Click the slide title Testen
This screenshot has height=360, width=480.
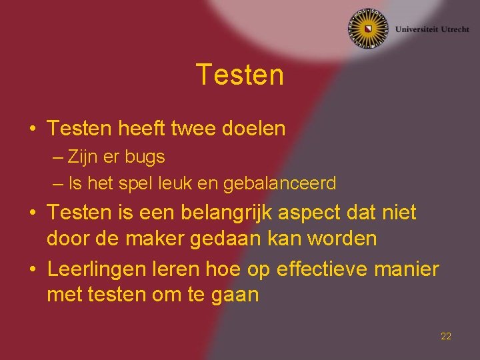[x=240, y=75]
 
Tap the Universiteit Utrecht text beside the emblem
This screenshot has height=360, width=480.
[x=431, y=29]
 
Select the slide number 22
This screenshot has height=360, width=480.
[x=446, y=336]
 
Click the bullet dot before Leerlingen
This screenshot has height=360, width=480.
[x=33, y=270]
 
